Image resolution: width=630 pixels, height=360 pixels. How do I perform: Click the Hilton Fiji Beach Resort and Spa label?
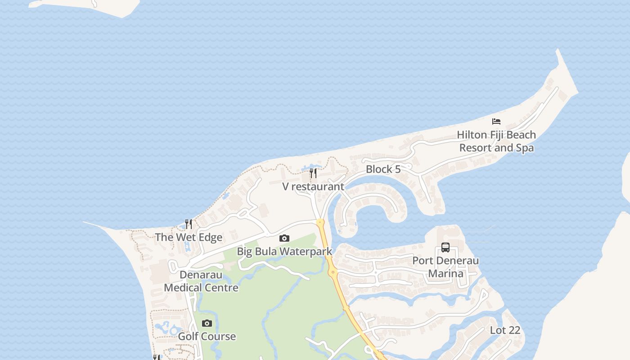tap(496, 141)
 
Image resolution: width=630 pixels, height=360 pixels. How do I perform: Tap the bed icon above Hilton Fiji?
tap(496, 121)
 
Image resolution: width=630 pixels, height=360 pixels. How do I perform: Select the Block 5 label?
tap(383, 169)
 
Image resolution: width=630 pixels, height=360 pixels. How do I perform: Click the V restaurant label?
tap(313, 186)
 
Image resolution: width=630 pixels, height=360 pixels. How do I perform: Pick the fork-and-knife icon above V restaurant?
tap(313, 173)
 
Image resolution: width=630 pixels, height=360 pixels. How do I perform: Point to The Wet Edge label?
tap(189, 237)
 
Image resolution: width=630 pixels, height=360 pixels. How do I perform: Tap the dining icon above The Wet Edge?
tap(189, 224)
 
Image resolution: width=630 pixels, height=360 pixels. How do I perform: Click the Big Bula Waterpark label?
tap(284, 252)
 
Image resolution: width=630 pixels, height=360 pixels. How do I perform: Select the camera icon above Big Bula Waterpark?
tap(284, 238)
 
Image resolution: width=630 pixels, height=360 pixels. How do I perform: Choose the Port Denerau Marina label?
tap(445, 267)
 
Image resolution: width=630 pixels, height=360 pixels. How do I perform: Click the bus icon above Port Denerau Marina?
tap(445, 247)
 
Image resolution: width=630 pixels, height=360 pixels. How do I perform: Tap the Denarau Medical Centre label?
tap(201, 281)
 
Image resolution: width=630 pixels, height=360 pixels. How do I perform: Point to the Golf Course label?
tap(207, 336)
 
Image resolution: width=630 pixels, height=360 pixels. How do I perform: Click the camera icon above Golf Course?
tap(207, 323)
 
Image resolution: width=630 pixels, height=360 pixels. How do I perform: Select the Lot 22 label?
tap(505, 330)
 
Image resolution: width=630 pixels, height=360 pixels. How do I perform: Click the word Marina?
tap(445, 274)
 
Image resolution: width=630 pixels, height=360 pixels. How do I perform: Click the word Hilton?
tap(472, 135)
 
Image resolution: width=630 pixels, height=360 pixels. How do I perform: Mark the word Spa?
tap(524, 148)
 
